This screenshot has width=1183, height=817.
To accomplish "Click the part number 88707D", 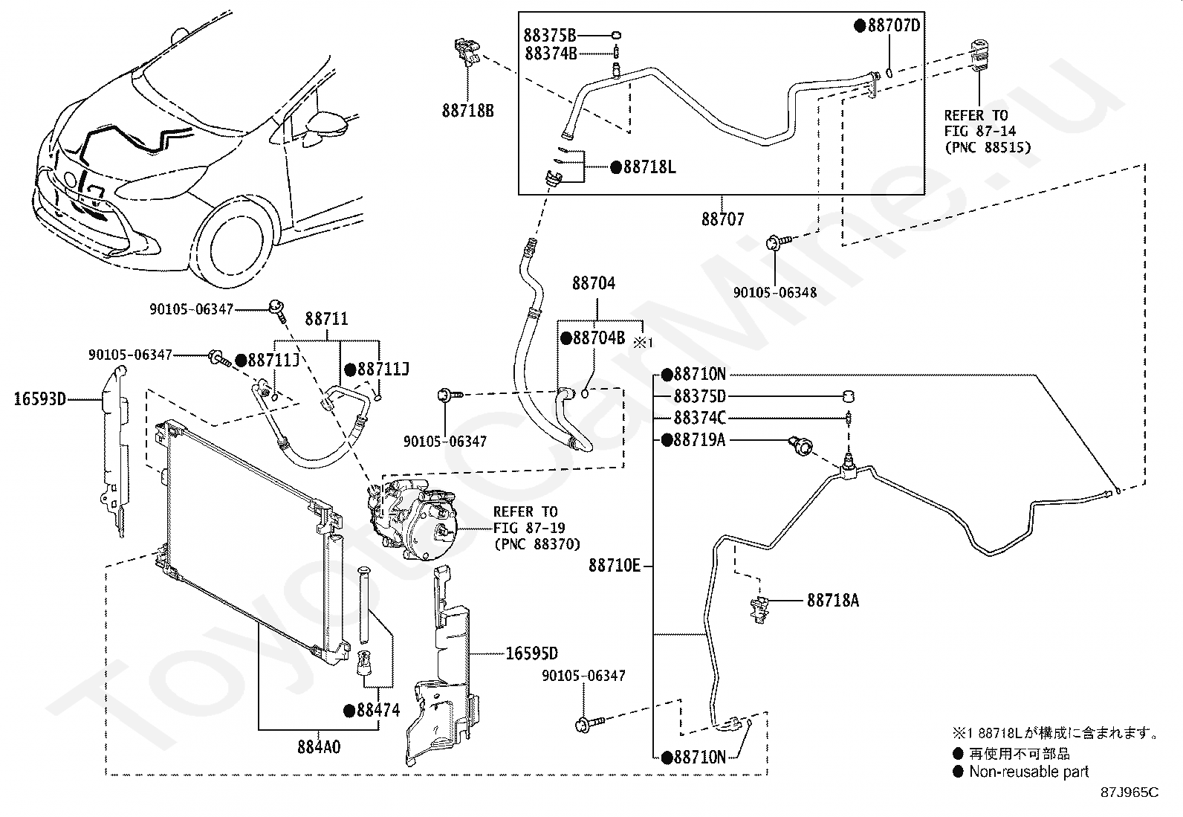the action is [894, 25].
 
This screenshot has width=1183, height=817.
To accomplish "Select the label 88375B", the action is [550, 36].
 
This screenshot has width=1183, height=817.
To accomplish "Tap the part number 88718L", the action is [649, 167].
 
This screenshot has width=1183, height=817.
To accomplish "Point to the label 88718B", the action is [468, 111].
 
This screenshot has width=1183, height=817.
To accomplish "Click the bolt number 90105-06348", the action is [775, 293].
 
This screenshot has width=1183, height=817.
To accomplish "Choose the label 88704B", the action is [599, 338].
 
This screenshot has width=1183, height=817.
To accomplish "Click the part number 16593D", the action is [39, 399].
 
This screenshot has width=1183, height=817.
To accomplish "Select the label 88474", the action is [378, 711].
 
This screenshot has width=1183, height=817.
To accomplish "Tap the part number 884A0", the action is [319, 747].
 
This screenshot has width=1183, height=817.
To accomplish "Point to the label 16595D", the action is [532, 653].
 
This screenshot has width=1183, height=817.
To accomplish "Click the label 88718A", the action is [833, 601].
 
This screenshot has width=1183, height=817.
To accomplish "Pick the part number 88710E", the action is [615, 566].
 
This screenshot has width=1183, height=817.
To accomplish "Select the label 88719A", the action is [700, 439].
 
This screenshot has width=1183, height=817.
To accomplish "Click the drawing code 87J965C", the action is [1129, 792].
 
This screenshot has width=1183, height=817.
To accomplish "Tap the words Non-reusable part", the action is [1028, 772].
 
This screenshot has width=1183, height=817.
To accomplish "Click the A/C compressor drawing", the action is [412, 518].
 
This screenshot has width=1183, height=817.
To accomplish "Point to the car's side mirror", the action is [327, 125].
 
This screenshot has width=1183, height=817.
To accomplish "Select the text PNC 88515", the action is [988, 147].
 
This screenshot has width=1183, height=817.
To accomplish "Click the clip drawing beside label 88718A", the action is [759, 610].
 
